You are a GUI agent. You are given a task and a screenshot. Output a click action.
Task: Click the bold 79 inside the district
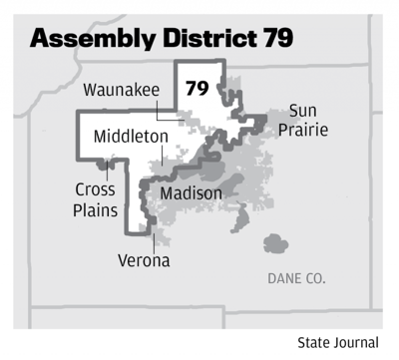click(x=197, y=89)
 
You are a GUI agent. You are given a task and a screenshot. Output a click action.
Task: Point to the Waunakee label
click(x=121, y=90)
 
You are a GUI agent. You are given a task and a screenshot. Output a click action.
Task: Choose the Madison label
click(x=190, y=192)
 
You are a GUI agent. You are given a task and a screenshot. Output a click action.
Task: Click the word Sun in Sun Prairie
click(x=302, y=110)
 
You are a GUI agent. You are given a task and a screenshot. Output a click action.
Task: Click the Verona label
click(x=141, y=260)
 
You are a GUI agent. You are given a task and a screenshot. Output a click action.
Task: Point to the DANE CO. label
click(x=296, y=279)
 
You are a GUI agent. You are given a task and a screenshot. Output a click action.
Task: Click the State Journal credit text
click(x=338, y=342)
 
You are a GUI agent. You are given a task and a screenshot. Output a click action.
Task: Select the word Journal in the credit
click(x=357, y=342)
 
